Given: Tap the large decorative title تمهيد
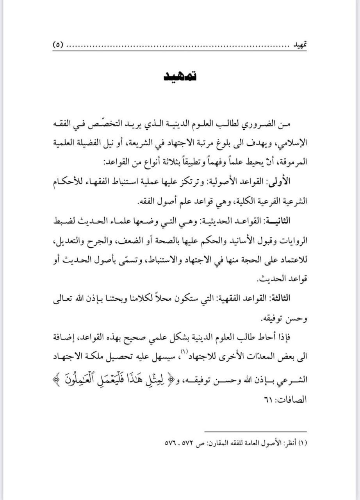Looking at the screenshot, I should coord(180,76).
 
